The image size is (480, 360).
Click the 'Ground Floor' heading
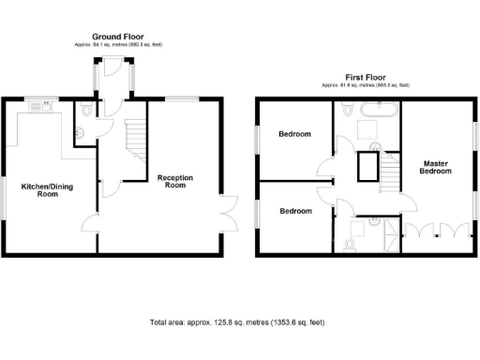117,37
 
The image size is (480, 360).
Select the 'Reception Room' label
175,181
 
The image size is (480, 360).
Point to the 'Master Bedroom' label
434,168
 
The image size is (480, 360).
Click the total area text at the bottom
237,322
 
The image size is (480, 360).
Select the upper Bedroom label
295,134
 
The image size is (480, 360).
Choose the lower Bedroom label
295,211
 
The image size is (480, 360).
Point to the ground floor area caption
117,45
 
